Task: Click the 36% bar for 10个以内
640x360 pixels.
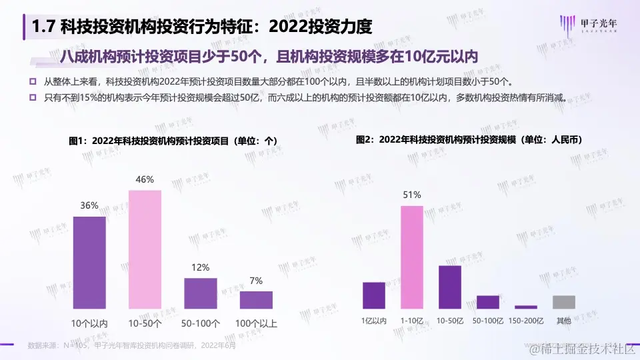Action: click(89, 263)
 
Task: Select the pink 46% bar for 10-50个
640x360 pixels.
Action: click(145, 249)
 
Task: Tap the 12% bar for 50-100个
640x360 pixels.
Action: click(201, 293)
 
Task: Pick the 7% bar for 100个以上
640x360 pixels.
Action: click(256, 300)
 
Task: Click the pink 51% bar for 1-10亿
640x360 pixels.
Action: click(411, 257)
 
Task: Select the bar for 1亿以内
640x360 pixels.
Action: click(374, 295)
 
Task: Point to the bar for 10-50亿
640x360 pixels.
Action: click(450, 287)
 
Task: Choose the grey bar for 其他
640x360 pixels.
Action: click(563, 302)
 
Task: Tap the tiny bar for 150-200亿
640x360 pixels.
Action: click(526, 307)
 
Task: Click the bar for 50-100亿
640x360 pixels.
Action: click(488, 302)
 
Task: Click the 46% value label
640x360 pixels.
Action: click(145, 179)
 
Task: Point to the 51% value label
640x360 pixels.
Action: click(411, 195)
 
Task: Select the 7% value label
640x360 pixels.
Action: click(256, 281)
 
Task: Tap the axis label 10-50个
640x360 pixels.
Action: click(145, 323)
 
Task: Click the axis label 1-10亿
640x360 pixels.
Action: click(411, 321)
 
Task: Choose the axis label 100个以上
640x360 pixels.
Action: click(256, 323)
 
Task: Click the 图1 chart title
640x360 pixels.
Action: click(173, 141)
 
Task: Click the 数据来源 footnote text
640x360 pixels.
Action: click(131, 345)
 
